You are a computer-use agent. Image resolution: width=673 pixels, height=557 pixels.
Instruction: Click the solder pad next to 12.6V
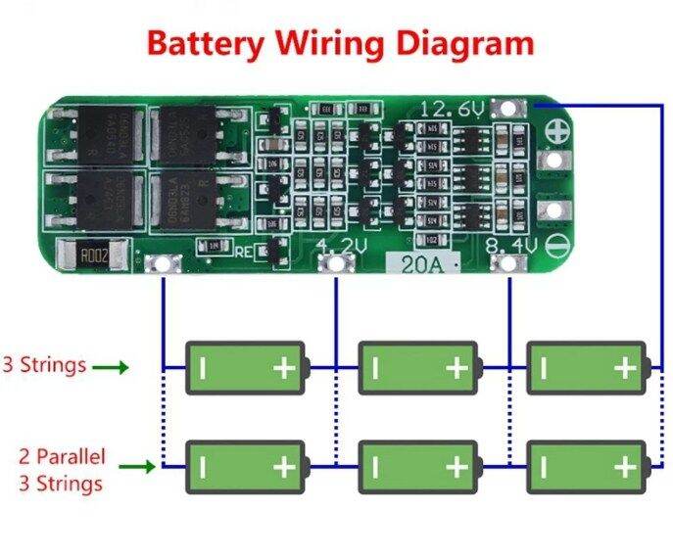tap(506, 109)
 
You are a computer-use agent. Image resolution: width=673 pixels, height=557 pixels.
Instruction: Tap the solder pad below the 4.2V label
tap(337, 262)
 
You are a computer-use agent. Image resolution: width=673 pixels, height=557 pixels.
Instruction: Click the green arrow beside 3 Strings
tap(111, 367)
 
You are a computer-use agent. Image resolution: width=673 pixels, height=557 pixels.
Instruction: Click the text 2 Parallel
tap(62, 456)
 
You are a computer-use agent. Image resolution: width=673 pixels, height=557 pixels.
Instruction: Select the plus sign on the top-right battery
tap(624, 367)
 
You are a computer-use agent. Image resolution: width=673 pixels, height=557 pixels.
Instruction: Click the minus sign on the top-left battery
tap(203, 367)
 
